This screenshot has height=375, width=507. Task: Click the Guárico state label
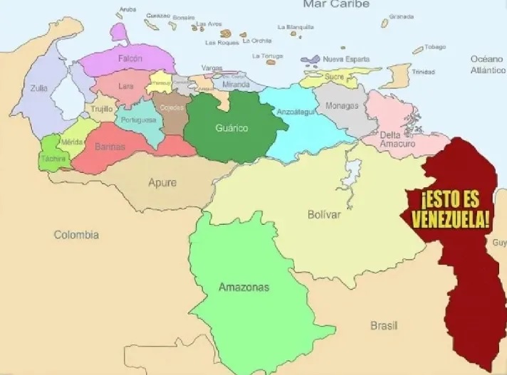[x=231, y=127]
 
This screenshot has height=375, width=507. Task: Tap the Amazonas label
[x=244, y=287]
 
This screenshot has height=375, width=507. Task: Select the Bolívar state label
[x=324, y=214]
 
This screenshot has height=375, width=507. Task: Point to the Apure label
[x=162, y=182]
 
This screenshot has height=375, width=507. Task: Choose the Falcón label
[x=130, y=58]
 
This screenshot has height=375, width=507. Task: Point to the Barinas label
[x=110, y=147]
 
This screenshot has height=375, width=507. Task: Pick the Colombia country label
[x=77, y=234]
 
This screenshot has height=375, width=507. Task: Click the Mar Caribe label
[x=336, y=4]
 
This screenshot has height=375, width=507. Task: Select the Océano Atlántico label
[x=487, y=65]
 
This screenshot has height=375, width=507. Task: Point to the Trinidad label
[x=423, y=72]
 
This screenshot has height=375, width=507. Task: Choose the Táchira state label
[x=53, y=158]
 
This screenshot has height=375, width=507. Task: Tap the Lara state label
[x=126, y=86]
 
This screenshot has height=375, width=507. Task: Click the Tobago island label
[x=435, y=48]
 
